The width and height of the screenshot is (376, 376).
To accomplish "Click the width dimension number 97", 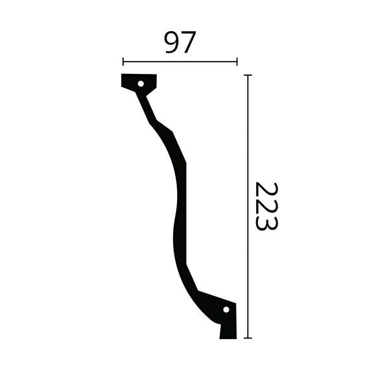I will (x=180, y=43).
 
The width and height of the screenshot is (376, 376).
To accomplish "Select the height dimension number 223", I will (x=266, y=206).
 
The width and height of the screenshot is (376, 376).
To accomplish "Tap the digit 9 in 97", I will (x=171, y=43).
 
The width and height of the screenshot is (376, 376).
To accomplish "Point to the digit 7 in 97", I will (x=188, y=43).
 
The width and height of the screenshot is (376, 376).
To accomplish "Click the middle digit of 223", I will (x=266, y=206).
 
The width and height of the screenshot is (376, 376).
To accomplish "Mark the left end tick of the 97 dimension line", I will (x=123, y=62).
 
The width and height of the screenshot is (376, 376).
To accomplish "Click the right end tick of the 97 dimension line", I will (x=237, y=62).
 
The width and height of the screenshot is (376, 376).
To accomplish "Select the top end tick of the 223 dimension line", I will (x=248, y=75).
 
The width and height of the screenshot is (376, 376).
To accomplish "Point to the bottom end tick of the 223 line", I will (x=248, y=338).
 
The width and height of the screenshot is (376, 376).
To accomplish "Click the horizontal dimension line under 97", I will (x=180, y=62).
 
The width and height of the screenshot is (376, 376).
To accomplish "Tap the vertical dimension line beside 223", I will (x=248, y=206).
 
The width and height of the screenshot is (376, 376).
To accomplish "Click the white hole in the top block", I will (x=141, y=83).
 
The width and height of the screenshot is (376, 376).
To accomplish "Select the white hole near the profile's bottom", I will (x=226, y=309).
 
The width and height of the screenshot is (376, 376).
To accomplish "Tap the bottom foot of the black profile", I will (x=228, y=329).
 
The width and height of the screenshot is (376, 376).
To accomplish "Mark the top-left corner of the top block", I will (x=123, y=75).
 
